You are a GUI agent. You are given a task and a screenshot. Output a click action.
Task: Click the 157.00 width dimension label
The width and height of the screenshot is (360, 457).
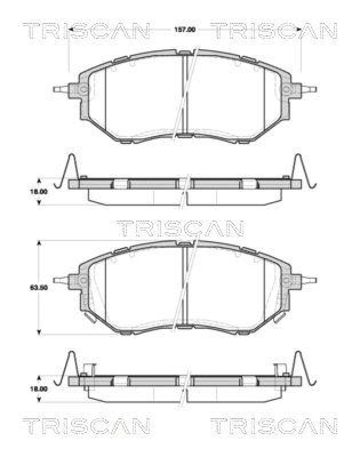pyautogui.click(x=185, y=29)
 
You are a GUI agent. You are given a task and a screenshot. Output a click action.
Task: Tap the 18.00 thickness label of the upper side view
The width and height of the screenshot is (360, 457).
pyautogui.click(x=39, y=193)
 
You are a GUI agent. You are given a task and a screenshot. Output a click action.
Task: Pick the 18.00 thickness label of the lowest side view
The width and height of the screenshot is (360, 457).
pyautogui.click(x=39, y=388)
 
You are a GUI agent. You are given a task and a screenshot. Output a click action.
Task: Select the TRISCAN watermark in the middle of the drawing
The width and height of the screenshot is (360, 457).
pyautogui.click(x=181, y=228)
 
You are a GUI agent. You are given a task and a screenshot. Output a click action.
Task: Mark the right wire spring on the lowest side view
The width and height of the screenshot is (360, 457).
pyautogui.click(x=302, y=367)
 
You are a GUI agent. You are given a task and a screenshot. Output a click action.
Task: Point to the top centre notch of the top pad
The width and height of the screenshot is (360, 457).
pyautogui.click(x=185, y=53)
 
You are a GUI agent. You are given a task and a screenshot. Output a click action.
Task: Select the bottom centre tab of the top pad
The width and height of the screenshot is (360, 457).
pyautogui.click(x=185, y=136)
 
